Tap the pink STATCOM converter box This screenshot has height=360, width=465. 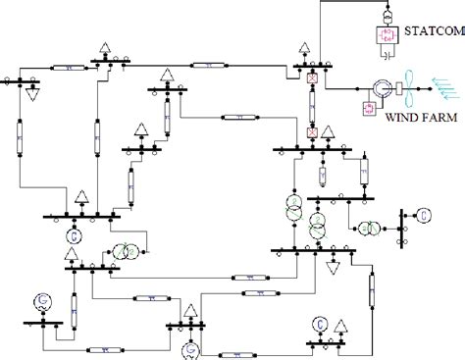pyautogui.click(x=383, y=37)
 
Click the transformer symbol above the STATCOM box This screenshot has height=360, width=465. pyautogui.click(x=383, y=15)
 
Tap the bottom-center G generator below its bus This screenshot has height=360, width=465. pyautogui.click(x=190, y=349)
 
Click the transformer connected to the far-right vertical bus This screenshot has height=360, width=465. pyautogui.click(x=371, y=228)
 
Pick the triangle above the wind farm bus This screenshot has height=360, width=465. pyautogui.click(x=306, y=48)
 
